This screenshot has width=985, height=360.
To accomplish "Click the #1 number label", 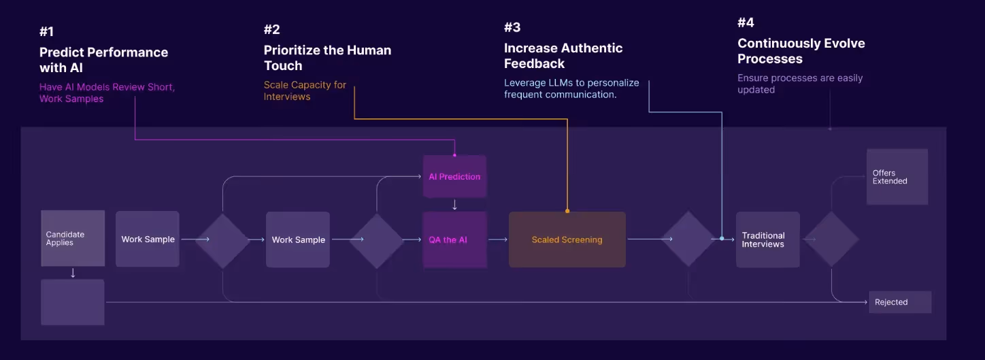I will coord(47,31).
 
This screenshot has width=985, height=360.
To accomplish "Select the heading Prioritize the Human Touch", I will coord(327,58).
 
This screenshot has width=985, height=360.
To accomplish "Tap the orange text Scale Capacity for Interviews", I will coord(305,91).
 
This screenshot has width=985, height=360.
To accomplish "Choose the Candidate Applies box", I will coord(73,238).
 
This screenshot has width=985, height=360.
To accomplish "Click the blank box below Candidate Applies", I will coord(73,301).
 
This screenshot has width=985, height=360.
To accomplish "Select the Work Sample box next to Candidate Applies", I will coord(148,239).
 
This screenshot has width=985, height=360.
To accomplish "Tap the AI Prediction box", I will coord(454,176).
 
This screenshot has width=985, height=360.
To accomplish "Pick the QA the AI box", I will coord(454,240).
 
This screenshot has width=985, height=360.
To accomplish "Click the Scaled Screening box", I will coord(567,240).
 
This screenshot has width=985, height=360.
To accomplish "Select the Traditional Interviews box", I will coord(767,240).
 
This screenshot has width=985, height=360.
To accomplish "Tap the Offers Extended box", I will coord(897,177).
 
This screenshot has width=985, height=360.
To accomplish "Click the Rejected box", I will coord(899,302).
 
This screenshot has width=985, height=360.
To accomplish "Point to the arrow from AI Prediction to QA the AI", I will coord(454,204).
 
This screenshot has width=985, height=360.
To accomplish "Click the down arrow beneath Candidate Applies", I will coord(73,273).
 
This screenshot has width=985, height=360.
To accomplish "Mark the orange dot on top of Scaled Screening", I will coord(567,211).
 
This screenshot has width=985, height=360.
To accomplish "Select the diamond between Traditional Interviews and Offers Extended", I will coord(831,239).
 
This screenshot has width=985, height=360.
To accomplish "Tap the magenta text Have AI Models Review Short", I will coord(107,87).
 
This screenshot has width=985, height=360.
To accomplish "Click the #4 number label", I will coord(746,23).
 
